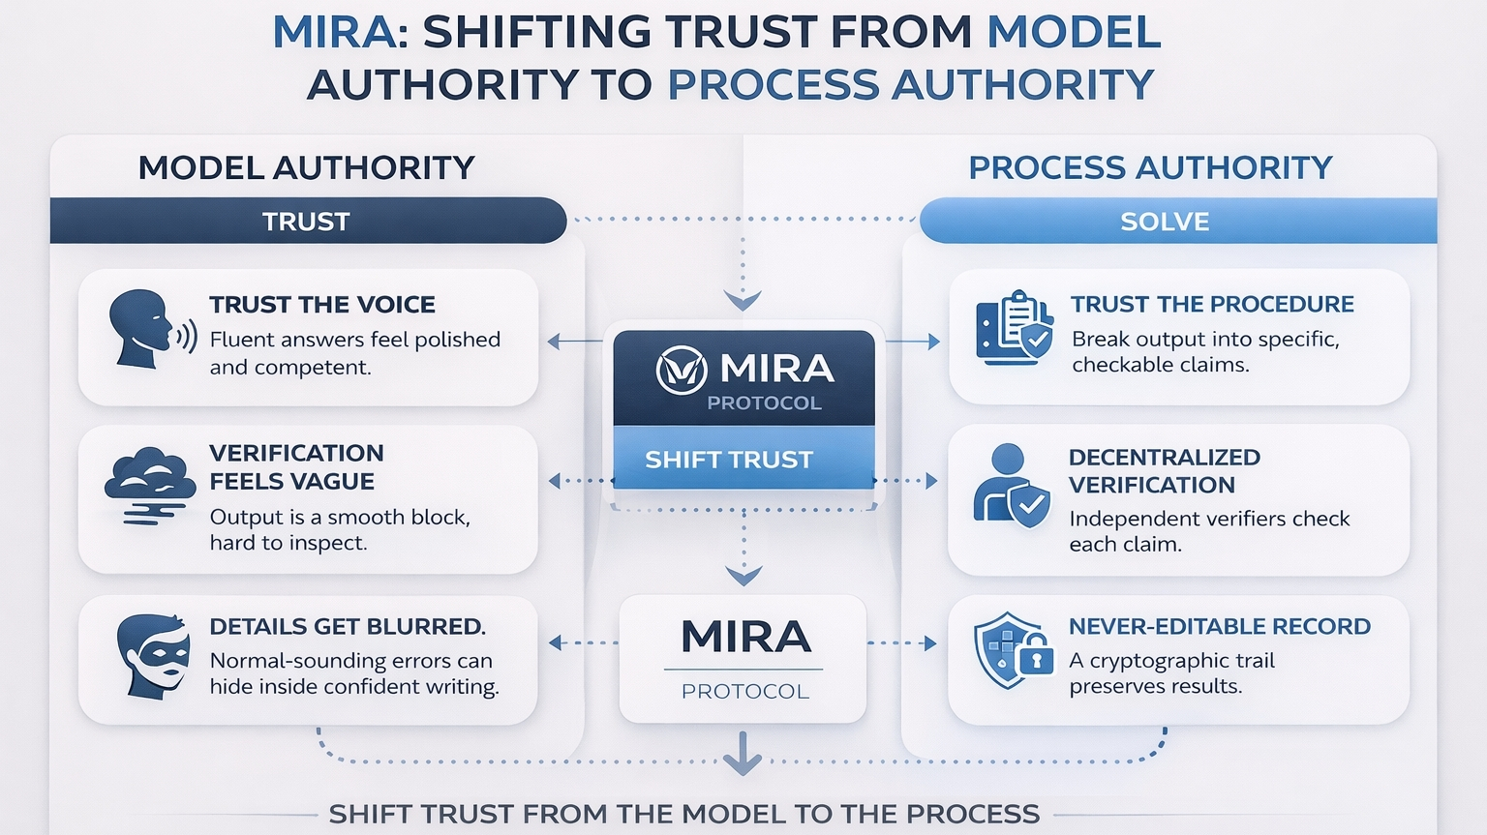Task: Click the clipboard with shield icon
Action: coord(1013,327)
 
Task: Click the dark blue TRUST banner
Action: coord(307,222)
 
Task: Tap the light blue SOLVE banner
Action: coord(1166,222)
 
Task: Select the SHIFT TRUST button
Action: coord(729,460)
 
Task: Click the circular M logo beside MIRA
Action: coord(682,370)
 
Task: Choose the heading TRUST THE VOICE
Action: coord(322,305)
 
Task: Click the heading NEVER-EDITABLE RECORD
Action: coord(1220,627)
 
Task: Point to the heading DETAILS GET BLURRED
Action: coord(348,627)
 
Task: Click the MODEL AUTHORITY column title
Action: coord(306,168)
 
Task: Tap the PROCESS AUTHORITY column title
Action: coord(1150,168)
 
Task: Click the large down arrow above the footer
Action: coord(743,754)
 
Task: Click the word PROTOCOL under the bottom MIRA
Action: coord(744,692)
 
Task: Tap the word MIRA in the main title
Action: coord(333,33)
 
